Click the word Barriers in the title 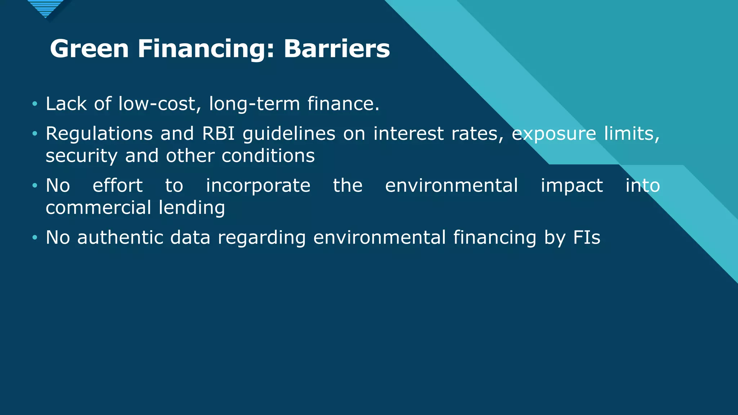tap(337, 49)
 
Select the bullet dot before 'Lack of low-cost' tap(35, 104)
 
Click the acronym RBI tap(218, 134)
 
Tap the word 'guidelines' tap(289, 134)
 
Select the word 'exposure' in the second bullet tap(554, 134)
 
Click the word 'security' tap(81, 156)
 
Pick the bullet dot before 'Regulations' tap(35, 134)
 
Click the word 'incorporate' tap(258, 186)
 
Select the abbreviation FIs tap(587, 238)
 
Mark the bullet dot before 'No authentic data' tap(35, 238)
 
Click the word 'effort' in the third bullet tap(117, 186)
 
